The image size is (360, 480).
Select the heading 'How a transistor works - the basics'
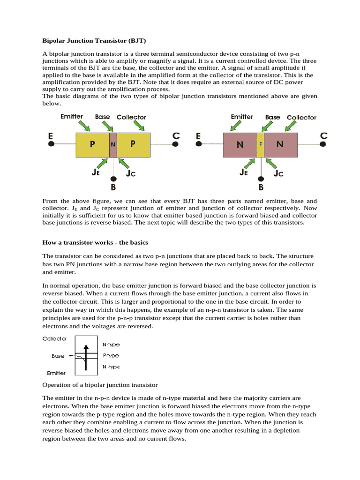(x=95, y=242)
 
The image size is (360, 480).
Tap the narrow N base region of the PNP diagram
(x=113, y=145)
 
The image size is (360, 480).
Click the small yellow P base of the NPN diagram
(x=260, y=145)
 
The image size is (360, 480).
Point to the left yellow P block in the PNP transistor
(x=92, y=145)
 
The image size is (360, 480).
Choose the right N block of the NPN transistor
(x=280, y=145)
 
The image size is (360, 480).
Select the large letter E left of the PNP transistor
(x=51, y=136)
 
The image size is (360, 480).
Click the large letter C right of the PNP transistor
(x=176, y=136)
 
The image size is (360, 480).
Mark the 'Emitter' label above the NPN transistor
(x=242, y=117)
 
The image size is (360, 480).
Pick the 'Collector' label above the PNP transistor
(x=131, y=117)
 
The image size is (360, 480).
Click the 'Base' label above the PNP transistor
(x=102, y=117)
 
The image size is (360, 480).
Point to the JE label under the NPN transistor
(x=244, y=172)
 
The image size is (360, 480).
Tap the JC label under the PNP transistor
(x=131, y=173)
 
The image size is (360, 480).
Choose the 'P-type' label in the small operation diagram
(x=111, y=356)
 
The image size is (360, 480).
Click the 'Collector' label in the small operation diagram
(x=54, y=338)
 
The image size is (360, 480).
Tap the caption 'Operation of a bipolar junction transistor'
(x=100, y=385)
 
